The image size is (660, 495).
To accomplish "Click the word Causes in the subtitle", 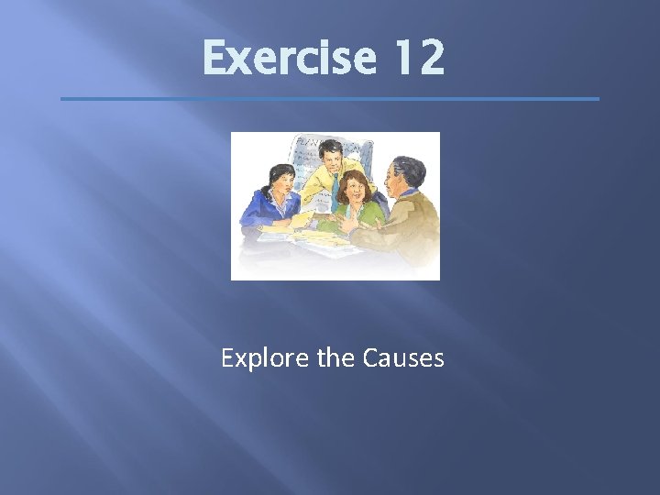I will click(404, 357).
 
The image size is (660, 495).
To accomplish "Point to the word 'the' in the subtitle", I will click(333, 357).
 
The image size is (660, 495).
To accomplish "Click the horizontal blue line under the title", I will click(329, 99).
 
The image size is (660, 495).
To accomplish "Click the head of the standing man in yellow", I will click(326, 159).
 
